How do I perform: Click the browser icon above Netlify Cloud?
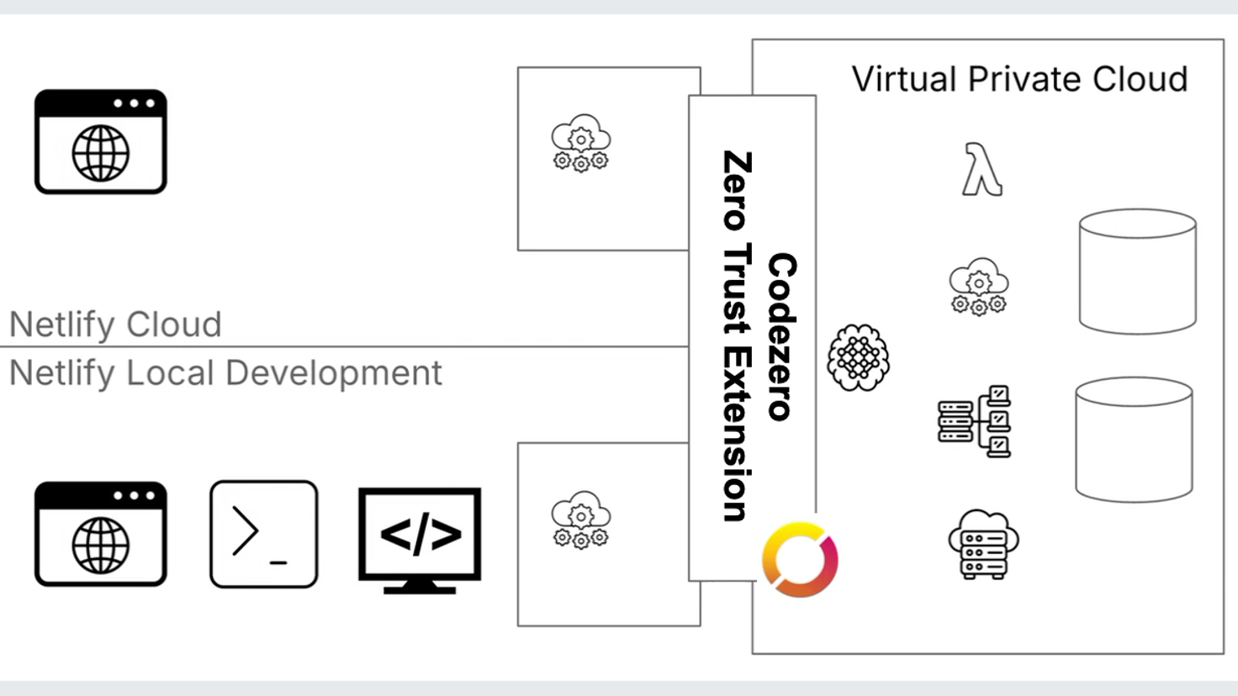(x=101, y=142)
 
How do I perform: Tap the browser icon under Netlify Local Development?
(x=101, y=534)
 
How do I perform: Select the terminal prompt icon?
(x=263, y=534)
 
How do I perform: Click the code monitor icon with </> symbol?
(x=420, y=539)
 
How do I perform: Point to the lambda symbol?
(x=981, y=170)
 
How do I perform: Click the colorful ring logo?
(x=800, y=560)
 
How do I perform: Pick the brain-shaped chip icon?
(x=858, y=358)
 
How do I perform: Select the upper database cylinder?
(x=1137, y=271)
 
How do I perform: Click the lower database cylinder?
(x=1134, y=439)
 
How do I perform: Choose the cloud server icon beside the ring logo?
(x=982, y=544)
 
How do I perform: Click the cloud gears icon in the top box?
(x=580, y=143)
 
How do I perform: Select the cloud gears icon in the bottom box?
(x=580, y=519)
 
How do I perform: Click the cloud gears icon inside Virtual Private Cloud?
(x=978, y=287)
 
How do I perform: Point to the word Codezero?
(x=781, y=336)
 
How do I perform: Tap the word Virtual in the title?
(x=904, y=79)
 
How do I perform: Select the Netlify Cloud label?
(x=115, y=324)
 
